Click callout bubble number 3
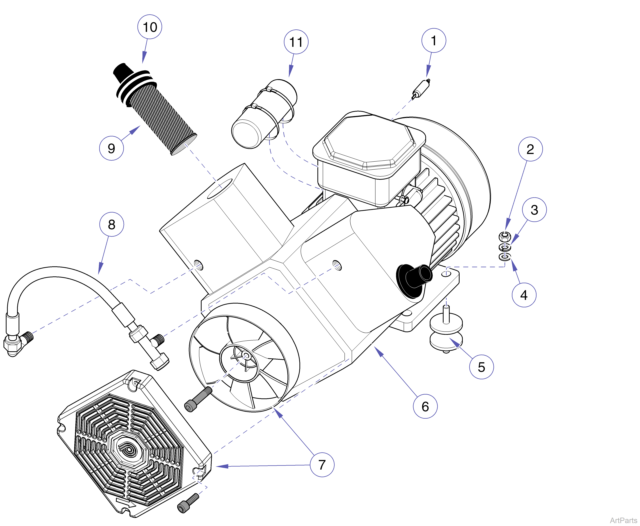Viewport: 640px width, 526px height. click(x=534, y=210)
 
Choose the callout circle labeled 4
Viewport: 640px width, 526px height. click(x=524, y=295)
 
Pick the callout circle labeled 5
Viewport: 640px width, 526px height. click(x=481, y=367)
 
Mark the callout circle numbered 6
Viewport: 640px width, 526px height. click(x=425, y=406)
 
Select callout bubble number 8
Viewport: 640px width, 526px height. click(x=111, y=225)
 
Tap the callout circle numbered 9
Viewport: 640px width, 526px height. click(x=111, y=148)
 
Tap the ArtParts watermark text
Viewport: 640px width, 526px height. click(x=623, y=520)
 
